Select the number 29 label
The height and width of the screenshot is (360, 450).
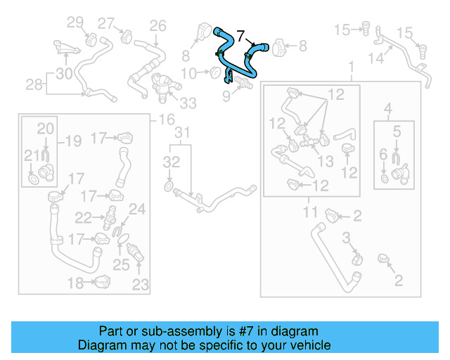click(75, 22)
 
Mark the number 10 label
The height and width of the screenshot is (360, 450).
click(189, 73)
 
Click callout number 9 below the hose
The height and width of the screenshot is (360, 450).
click(226, 94)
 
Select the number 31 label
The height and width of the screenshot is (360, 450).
click(182, 133)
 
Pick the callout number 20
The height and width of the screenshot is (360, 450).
click(45, 128)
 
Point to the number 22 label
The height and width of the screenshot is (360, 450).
click(83, 217)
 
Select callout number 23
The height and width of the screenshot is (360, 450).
click(141, 285)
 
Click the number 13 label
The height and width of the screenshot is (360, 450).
click(326, 161)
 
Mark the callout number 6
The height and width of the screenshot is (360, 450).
click(383, 154)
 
